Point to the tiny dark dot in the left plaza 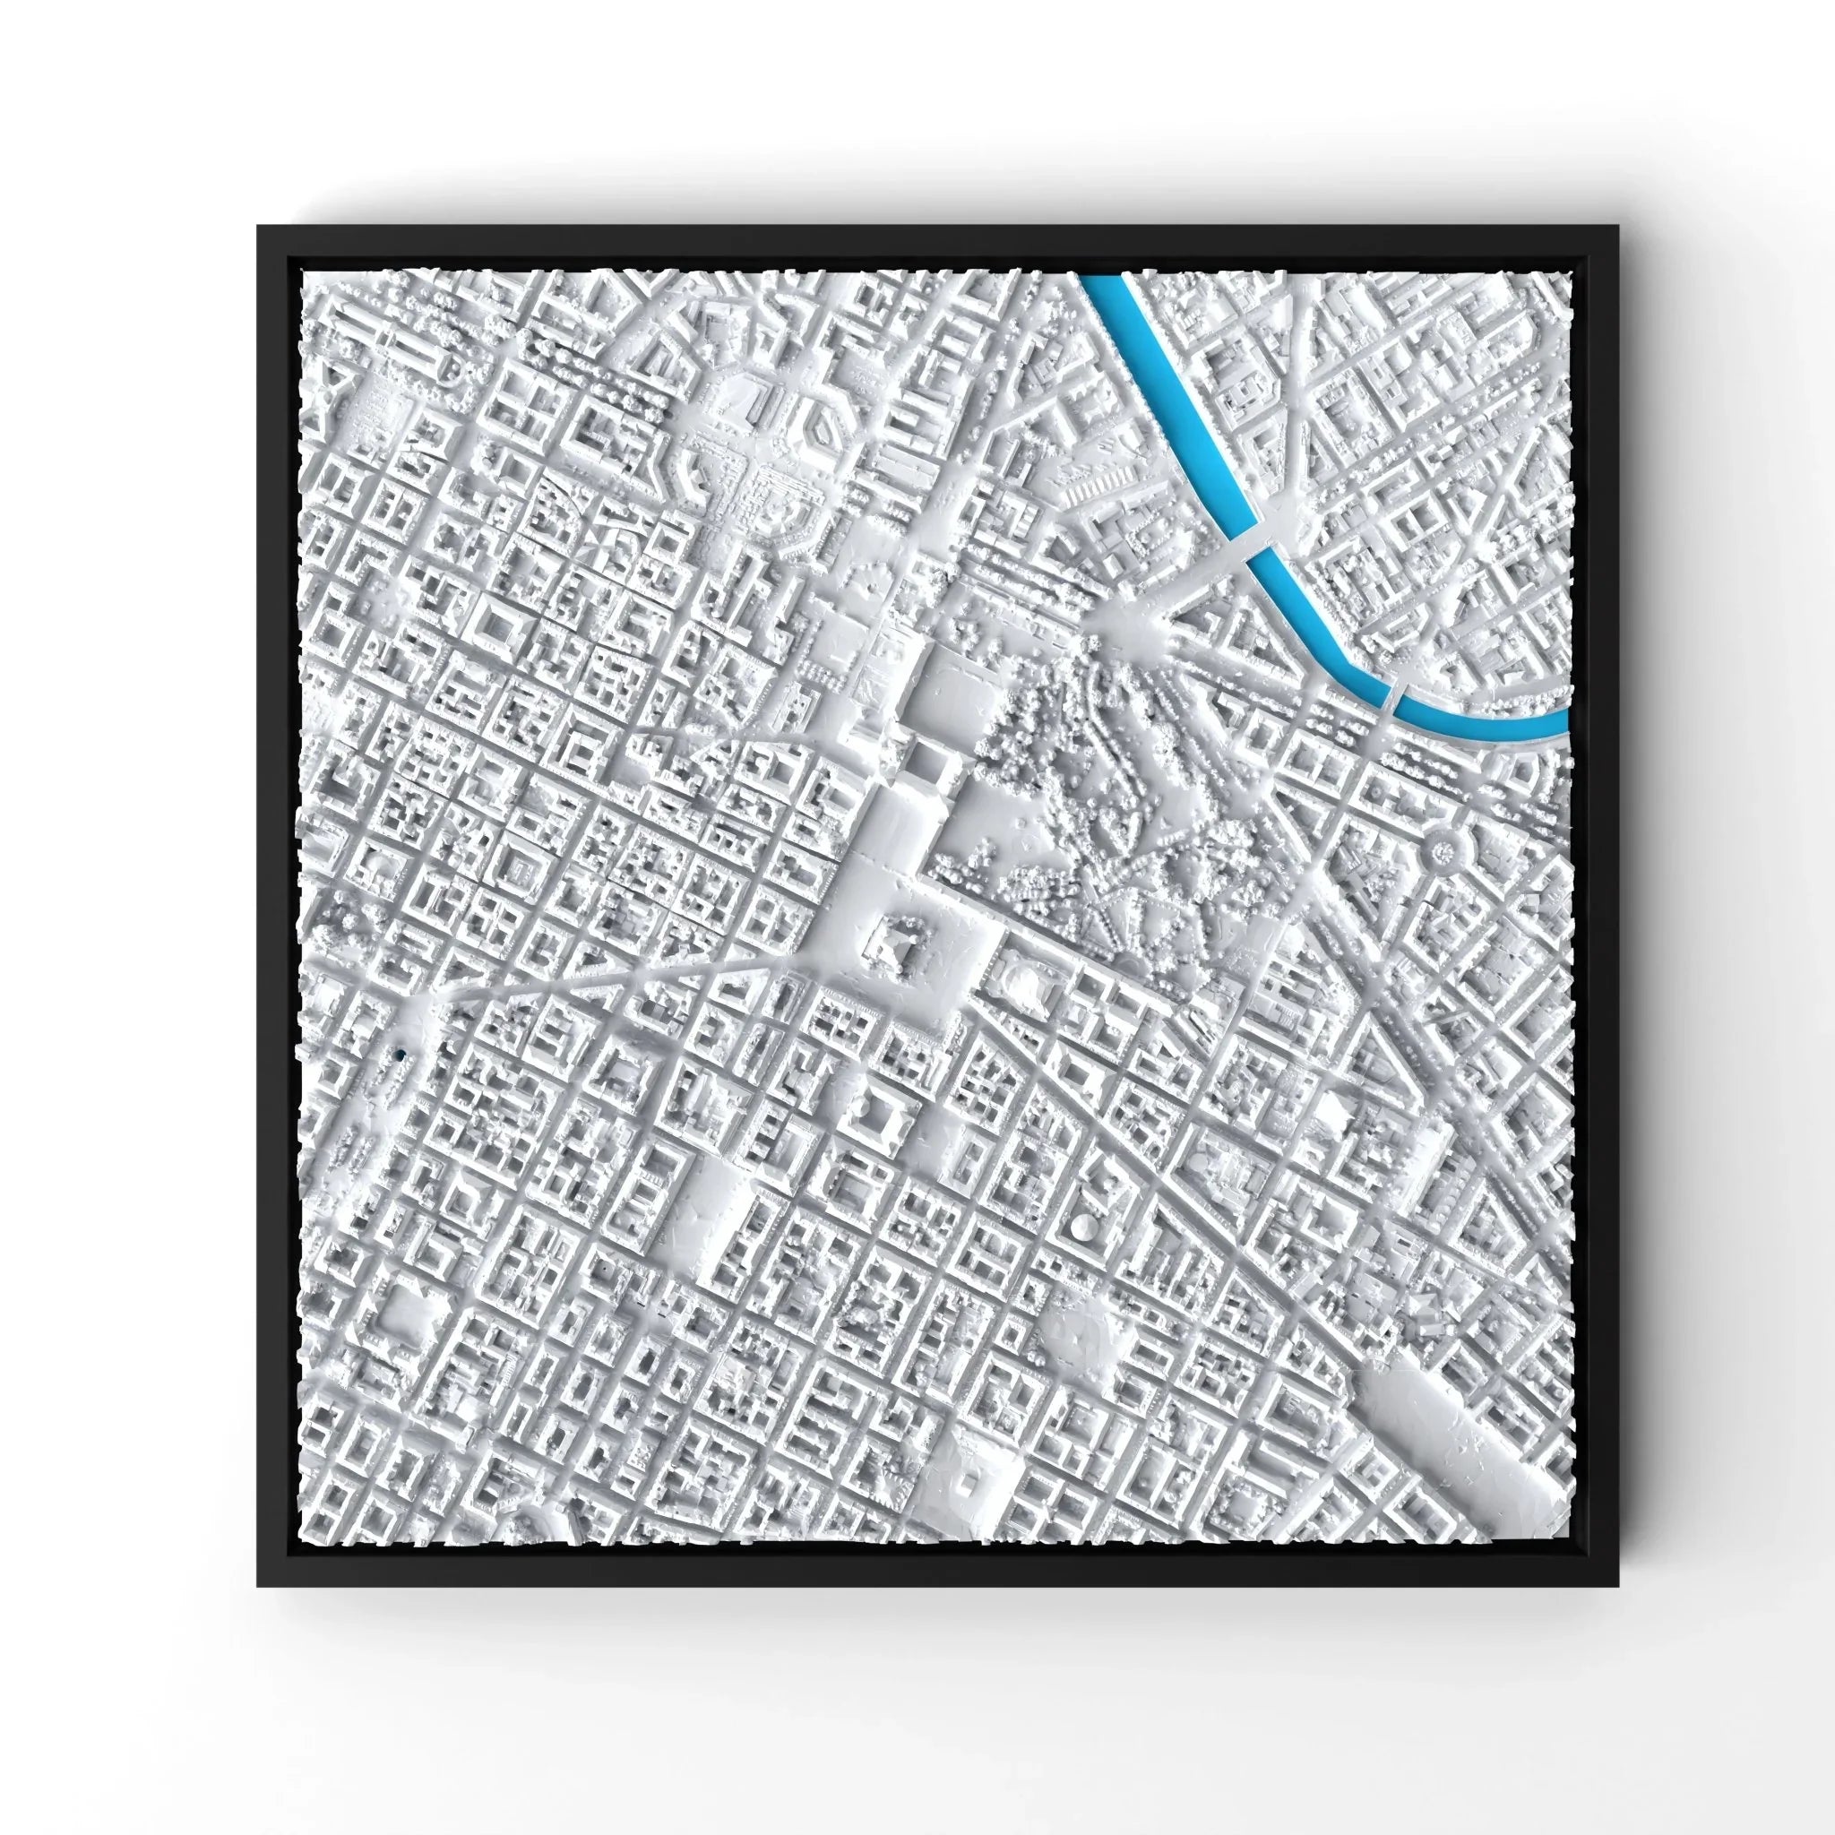(x=401, y=1055)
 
